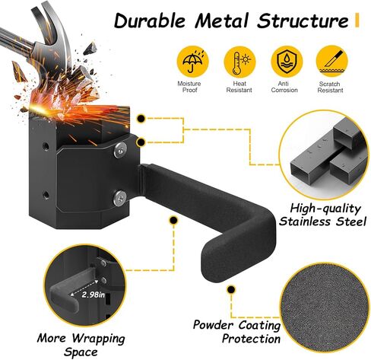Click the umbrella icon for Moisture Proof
point(192,62)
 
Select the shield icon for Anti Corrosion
point(287,62)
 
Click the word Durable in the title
point(150,21)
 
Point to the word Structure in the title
point(303,21)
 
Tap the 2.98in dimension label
point(93,295)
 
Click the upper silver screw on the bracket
point(120,150)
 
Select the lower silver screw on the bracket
point(120,198)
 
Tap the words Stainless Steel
point(322,221)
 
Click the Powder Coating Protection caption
point(236,332)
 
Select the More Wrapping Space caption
point(81,345)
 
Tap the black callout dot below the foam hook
point(231,289)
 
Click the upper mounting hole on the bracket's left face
point(46,146)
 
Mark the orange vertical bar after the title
point(357,21)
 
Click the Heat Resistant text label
point(239,87)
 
